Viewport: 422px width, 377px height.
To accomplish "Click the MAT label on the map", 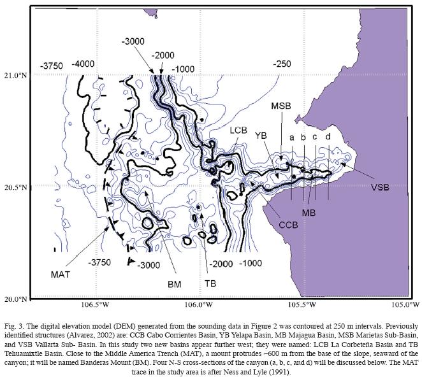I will [x=62, y=274].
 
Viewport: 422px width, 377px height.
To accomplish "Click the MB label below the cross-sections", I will [x=309, y=211].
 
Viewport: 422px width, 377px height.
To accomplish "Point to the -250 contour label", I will [x=282, y=65].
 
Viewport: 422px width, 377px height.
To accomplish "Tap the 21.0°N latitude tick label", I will [x=16, y=75].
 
